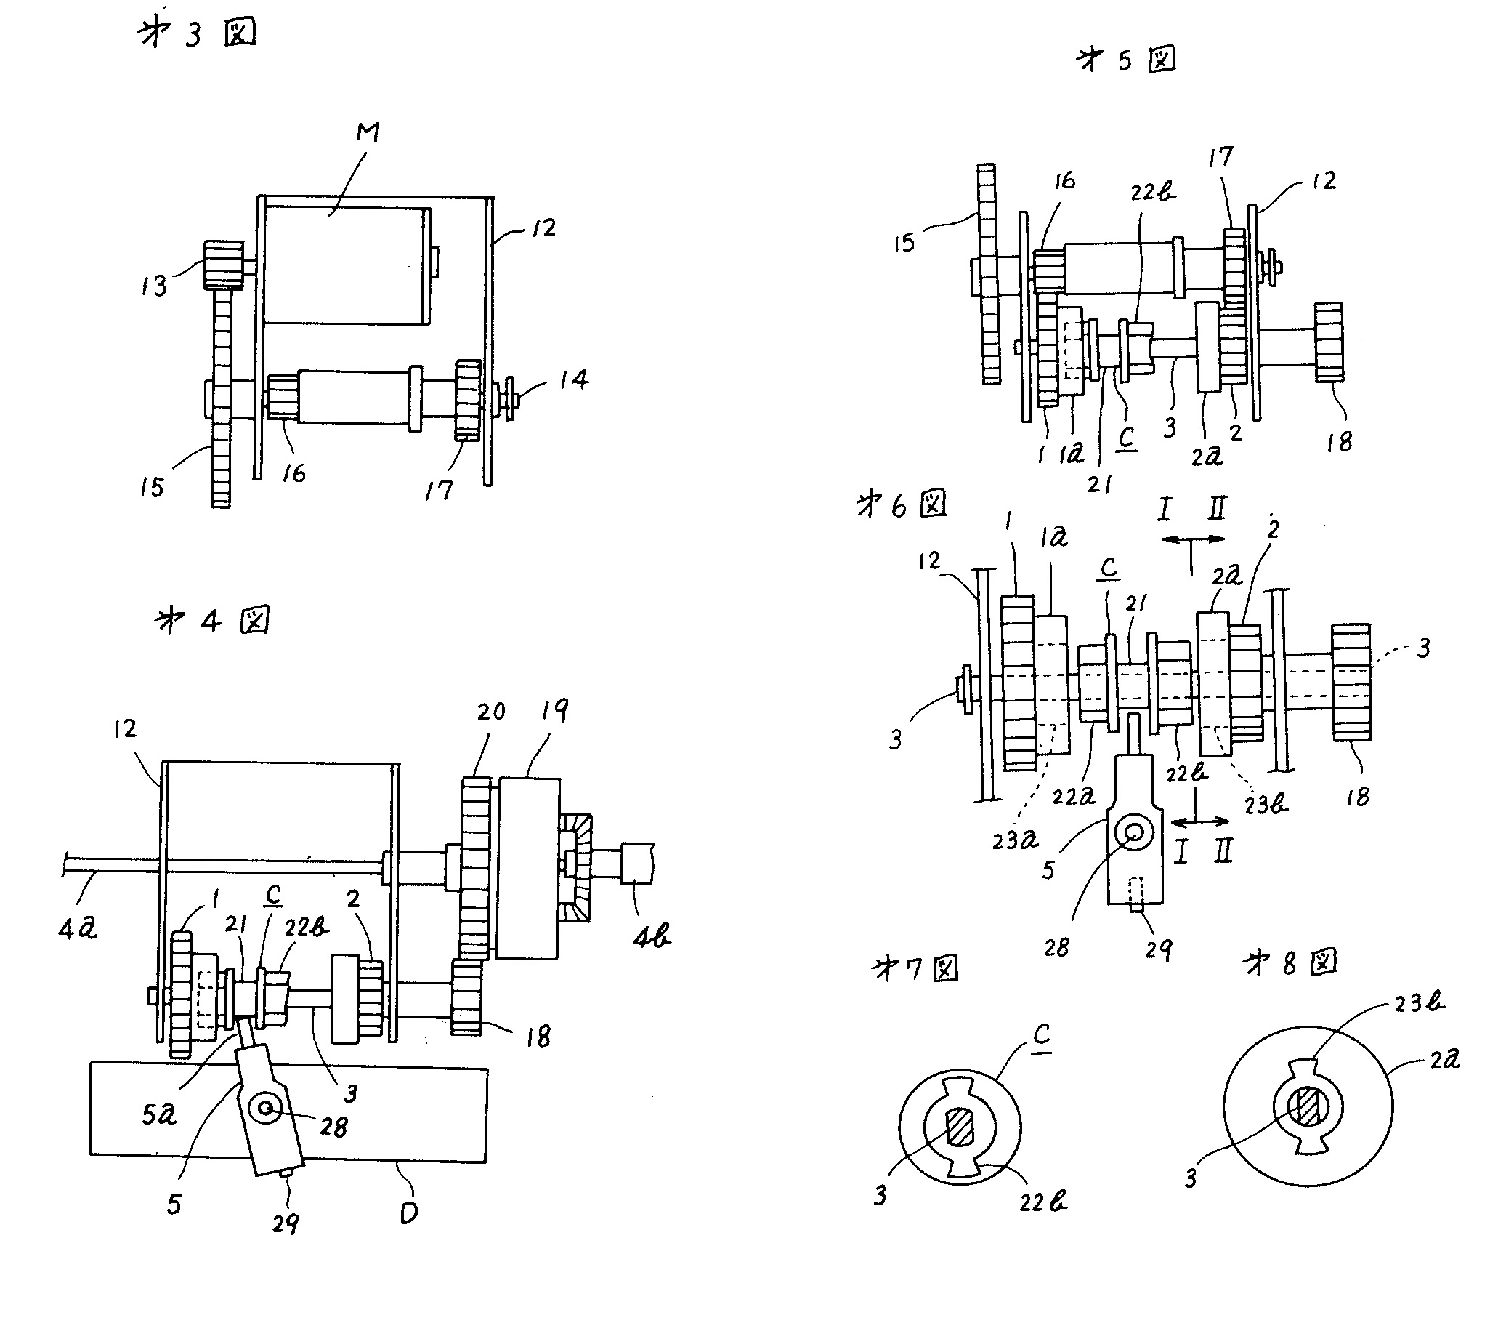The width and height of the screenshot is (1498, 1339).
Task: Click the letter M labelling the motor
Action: coord(368,132)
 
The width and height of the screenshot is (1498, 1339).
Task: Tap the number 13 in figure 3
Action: coord(154,286)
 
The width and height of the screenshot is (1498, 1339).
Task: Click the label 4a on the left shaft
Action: coord(77,928)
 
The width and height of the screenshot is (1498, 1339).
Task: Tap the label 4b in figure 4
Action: coord(652,936)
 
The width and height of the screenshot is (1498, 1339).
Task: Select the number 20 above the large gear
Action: coord(490,712)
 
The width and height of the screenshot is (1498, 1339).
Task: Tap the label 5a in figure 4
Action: coord(159,1115)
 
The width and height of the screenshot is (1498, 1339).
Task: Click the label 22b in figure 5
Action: coord(1152,192)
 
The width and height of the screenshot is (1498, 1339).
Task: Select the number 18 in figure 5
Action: coord(1339,441)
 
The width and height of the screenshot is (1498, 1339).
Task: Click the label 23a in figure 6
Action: coord(1015,840)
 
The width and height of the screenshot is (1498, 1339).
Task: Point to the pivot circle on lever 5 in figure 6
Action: coord(1134,832)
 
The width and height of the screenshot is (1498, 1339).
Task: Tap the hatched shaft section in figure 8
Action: coord(1308,1108)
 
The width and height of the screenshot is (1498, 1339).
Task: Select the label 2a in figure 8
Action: coord(1444,1059)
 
